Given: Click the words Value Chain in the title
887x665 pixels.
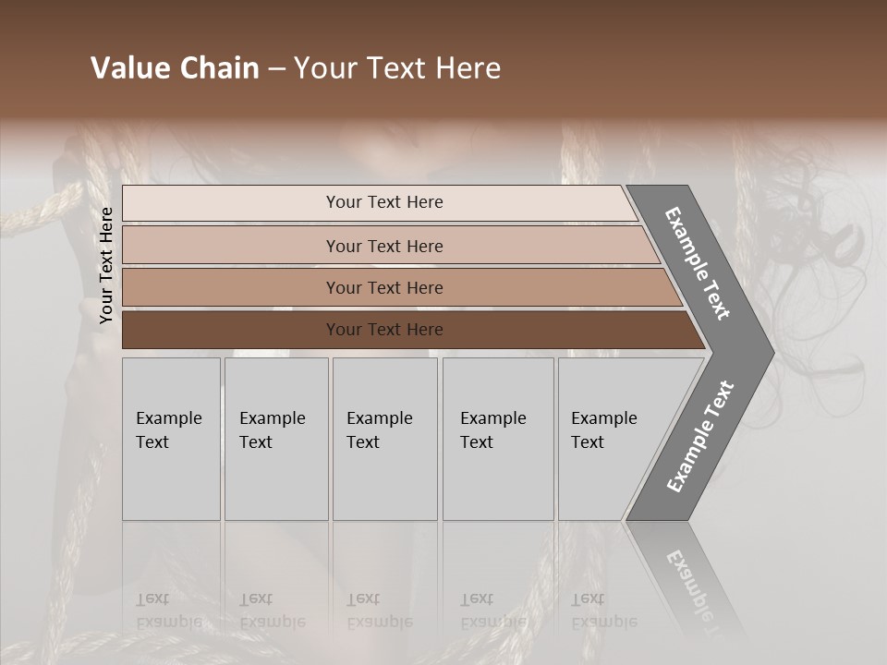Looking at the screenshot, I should click(x=175, y=68).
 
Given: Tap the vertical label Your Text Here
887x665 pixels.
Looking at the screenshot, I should click(x=106, y=265).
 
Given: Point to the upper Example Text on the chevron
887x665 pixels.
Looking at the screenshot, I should click(x=698, y=263).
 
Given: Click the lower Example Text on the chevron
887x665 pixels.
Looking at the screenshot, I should click(x=700, y=437).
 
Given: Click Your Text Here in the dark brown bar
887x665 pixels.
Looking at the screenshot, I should click(x=384, y=330).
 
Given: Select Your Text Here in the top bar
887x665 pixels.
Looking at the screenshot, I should click(x=384, y=202).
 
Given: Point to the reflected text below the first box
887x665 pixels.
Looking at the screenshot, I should click(x=168, y=611).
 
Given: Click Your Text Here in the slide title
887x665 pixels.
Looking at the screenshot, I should click(x=397, y=68).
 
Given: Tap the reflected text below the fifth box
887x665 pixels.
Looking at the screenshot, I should click(x=603, y=611).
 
